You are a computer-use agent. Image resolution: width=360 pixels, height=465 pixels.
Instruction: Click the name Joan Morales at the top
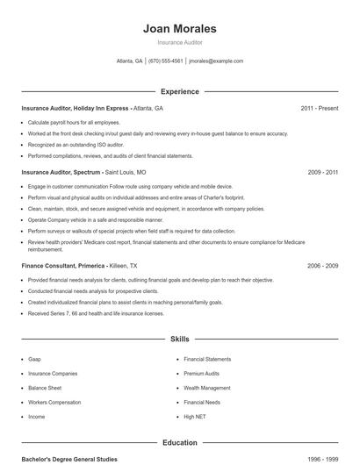pyautogui.click(x=180, y=29)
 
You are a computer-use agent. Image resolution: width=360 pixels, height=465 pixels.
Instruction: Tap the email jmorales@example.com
pyautogui.click(x=216, y=61)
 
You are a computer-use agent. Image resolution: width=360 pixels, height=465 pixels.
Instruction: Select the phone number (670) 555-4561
pyautogui.click(x=166, y=61)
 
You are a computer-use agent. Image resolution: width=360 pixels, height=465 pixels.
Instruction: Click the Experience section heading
pyautogui.click(x=180, y=91)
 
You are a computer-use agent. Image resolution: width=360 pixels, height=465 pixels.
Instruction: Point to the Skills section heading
pyautogui.click(x=180, y=338)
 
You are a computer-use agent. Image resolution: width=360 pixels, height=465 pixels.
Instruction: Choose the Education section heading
pyautogui.click(x=180, y=443)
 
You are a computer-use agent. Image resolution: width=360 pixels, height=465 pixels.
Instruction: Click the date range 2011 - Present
pyautogui.click(x=319, y=108)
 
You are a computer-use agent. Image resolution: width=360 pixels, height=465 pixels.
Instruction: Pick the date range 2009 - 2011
pyautogui.click(x=322, y=173)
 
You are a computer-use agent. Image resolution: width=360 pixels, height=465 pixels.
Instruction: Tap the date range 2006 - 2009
pyautogui.click(x=322, y=265)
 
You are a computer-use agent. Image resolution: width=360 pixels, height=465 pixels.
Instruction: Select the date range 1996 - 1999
pyautogui.click(x=322, y=459)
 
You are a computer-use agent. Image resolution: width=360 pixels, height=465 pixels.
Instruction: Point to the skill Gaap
pyautogui.click(x=34, y=359)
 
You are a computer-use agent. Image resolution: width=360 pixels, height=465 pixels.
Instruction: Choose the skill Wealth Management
pyautogui.click(x=207, y=387)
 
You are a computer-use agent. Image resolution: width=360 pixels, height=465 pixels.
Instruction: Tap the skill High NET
pyautogui.click(x=194, y=416)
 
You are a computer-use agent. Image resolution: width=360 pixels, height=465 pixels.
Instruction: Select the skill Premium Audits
pyautogui.click(x=201, y=373)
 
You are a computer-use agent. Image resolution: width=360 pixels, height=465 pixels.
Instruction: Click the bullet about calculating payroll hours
pyautogui.click(x=74, y=122)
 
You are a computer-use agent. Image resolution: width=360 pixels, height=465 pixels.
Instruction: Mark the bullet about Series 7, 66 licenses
pyautogui.click(x=96, y=312)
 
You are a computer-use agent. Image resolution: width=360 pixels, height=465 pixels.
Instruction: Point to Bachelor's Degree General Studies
pyautogui.click(x=68, y=459)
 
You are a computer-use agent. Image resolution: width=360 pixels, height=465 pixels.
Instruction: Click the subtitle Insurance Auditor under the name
pyautogui.click(x=180, y=42)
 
